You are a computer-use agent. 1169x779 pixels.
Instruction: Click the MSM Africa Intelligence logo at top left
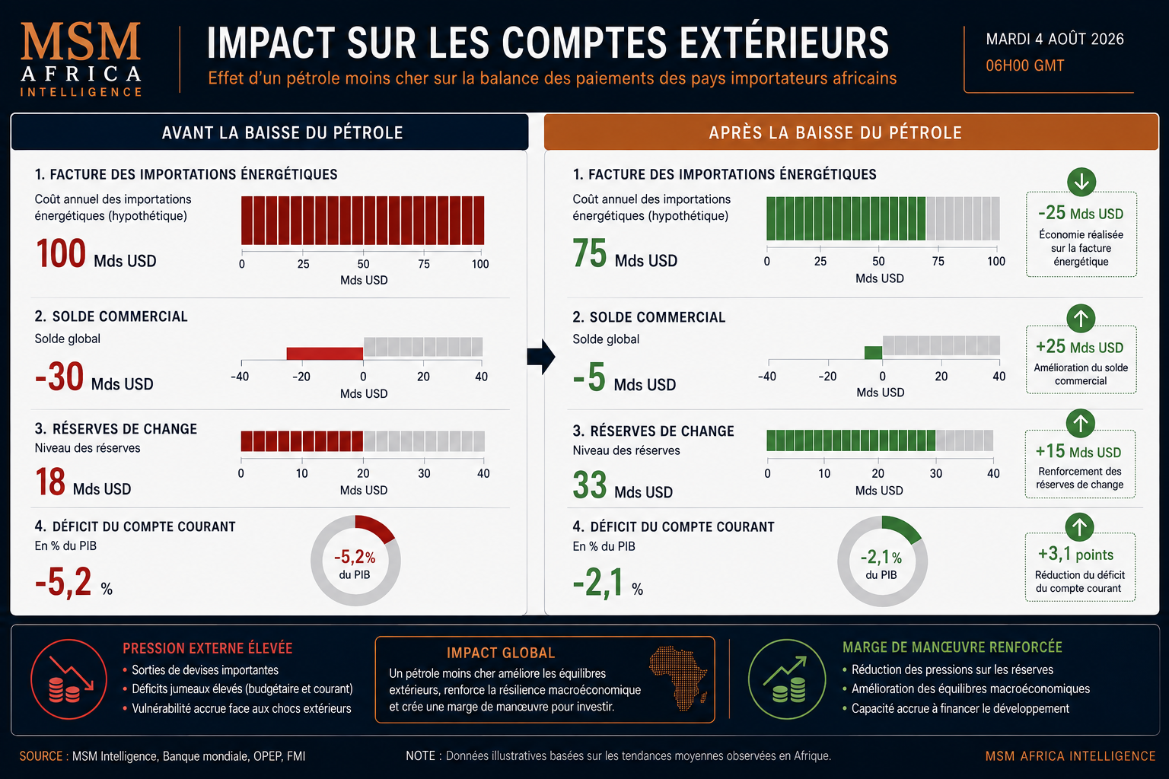click(81, 59)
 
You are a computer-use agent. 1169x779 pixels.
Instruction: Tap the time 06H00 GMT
click(1024, 65)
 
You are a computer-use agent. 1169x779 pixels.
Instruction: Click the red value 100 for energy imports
click(61, 253)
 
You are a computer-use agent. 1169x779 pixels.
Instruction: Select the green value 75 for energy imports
click(590, 253)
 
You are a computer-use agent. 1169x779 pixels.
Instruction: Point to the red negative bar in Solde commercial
click(325, 353)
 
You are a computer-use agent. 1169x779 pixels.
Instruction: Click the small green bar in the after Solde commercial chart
click(873, 353)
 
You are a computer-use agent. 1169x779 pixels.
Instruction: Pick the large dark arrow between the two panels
click(541, 357)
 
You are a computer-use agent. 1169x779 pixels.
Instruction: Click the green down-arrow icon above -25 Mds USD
click(1081, 182)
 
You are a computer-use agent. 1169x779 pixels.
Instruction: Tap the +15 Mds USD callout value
click(1078, 451)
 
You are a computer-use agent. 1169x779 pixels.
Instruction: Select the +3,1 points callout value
click(1075, 554)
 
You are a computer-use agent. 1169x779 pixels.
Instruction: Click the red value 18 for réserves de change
click(50, 482)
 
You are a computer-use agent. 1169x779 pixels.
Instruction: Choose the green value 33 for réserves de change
click(590, 485)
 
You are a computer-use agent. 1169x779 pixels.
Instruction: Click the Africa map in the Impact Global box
click(678, 678)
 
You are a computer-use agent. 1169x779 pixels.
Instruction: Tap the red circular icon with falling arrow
click(68, 679)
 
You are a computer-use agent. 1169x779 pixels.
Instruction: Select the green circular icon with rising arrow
click(787, 679)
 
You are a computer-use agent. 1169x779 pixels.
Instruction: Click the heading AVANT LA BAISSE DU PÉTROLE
click(282, 133)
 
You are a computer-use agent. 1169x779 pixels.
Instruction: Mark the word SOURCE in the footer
click(40, 756)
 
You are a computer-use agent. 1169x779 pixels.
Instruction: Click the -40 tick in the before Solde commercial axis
click(240, 377)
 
